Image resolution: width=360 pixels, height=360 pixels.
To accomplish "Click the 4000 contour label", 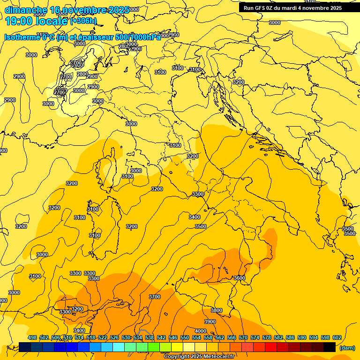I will click(201, 331).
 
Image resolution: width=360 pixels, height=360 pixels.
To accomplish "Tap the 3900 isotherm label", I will click(210, 322).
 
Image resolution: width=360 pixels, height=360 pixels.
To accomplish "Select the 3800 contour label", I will click(217, 310).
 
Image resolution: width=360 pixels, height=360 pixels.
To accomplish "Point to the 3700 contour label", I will click(155, 297).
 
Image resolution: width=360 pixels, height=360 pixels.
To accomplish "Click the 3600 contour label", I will click(239, 278).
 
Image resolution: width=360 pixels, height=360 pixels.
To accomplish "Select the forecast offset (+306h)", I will click(83, 21).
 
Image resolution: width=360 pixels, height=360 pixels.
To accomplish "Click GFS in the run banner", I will click(259, 8).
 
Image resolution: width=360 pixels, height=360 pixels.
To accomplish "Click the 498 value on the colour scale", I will click(32, 337).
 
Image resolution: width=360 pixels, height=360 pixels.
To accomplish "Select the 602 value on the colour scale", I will click(337, 337).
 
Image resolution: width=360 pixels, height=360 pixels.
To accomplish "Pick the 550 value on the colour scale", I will click(184, 337).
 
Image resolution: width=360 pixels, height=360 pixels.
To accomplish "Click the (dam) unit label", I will click(347, 347).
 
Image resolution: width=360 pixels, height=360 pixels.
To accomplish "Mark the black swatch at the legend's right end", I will click(330, 347).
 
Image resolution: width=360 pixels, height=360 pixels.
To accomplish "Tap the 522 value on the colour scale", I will click(103, 337).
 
